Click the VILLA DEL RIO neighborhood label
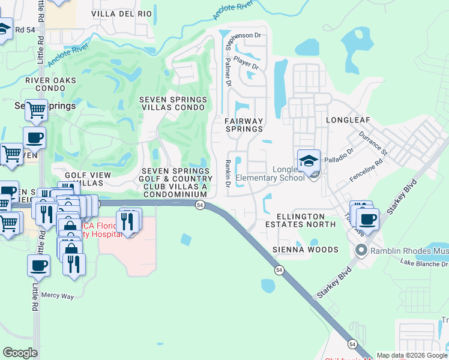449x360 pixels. (x=122, y=13)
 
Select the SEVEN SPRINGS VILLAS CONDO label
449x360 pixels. (x=173, y=104)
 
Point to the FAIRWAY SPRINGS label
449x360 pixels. (x=244, y=125)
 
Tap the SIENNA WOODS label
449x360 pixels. (x=305, y=250)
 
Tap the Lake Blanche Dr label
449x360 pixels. (x=424, y=263)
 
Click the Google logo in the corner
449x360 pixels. (x=20, y=353)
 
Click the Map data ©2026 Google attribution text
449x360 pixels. (x=412, y=355)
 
